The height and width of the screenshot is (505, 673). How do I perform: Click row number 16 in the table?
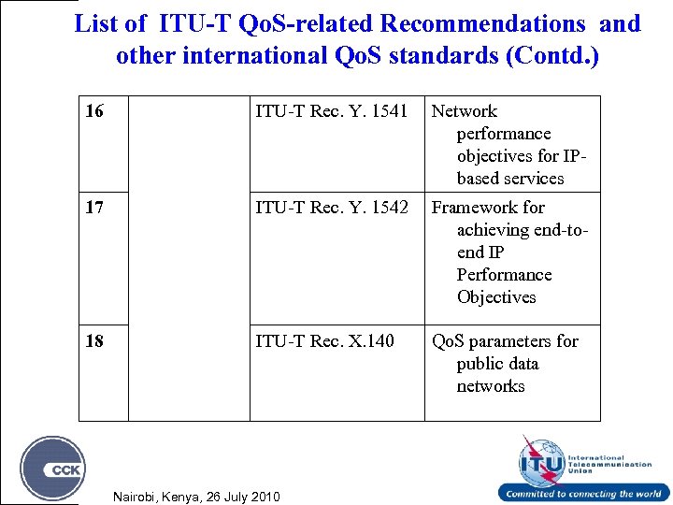coord(94,112)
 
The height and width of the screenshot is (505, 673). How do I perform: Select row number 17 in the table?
coord(94,208)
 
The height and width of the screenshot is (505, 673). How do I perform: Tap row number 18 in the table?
coord(94,341)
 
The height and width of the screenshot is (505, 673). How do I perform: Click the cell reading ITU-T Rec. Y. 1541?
coord(332,112)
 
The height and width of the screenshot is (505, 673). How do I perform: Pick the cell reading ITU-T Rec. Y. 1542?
coord(332,208)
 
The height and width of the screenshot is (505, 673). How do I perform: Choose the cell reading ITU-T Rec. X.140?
coord(325,341)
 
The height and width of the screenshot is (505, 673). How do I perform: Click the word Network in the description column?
coord(464,111)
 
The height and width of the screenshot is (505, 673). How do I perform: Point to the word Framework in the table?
coord(474,208)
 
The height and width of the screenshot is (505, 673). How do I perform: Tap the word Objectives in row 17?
coord(496,297)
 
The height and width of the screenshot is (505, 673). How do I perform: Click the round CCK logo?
coord(53,468)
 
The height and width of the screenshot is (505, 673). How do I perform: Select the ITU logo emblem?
coord(541,459)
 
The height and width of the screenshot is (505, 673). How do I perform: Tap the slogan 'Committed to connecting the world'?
coord(583,494)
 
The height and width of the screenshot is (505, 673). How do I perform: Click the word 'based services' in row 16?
coord(510,179)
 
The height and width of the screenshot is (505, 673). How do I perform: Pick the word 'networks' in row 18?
coord(491,386)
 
